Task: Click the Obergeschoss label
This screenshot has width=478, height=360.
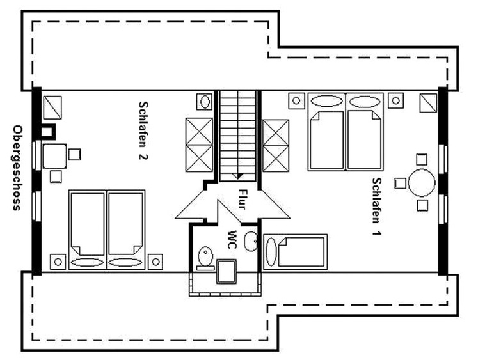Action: pos(17,168)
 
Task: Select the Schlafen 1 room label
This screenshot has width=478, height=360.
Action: pos(377,207)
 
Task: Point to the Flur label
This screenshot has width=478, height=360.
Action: pos(242,200)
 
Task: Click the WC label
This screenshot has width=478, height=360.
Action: pos(232,239)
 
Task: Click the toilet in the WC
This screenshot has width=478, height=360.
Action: pos(205,258)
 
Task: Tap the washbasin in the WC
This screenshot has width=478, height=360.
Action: pos(251,241)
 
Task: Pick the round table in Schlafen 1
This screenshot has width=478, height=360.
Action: pos(422,183)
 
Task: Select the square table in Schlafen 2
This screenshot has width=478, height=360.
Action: pos(55,156)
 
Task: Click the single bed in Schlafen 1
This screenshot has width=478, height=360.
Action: pos(295,251)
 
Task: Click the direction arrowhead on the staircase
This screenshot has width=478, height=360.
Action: pos(238,176)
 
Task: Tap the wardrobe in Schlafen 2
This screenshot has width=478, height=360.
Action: pos(199,145)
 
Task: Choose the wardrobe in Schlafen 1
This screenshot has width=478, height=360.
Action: pos(276,146)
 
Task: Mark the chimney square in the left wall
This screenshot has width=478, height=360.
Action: pos(47,132)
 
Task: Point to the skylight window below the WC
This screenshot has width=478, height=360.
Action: pos(226,271)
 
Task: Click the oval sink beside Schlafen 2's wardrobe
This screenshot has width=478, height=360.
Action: pos(205,101)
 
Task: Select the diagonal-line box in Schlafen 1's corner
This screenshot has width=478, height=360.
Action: pos(429,103)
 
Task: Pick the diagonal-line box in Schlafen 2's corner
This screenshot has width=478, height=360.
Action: pos(52,107)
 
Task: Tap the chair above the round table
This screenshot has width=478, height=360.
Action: pos(422,159)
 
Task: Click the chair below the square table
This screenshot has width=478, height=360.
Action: pos(56,176)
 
